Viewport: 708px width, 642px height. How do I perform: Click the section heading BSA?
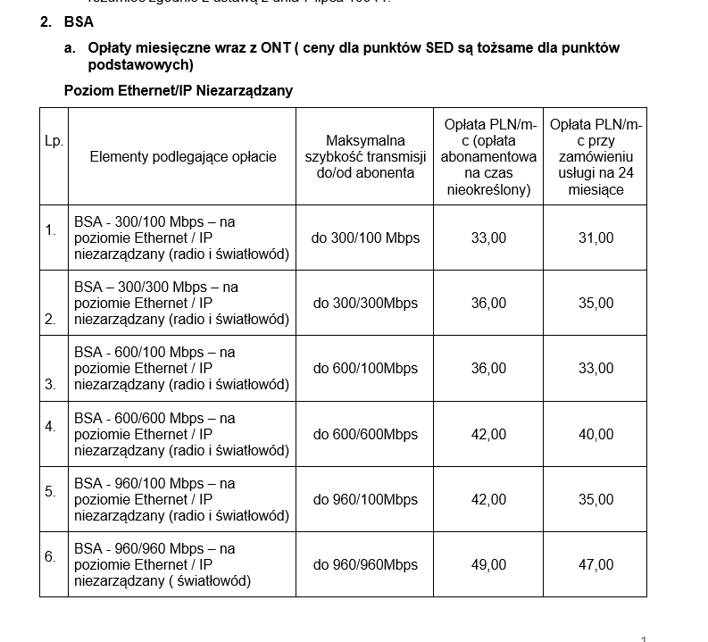(x=79, y=21)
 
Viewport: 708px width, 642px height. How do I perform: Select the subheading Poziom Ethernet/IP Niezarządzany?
(x=179, y=90)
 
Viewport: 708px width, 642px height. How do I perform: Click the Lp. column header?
(x=54, y=141)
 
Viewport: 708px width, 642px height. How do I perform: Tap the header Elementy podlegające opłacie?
(x=183, y=157)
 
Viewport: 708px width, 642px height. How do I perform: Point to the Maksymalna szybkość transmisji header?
(x=365, y=156)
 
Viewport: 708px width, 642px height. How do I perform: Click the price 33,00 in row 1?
(x=488, y=238)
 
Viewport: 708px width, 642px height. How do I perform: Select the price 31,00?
(x=596, y=238)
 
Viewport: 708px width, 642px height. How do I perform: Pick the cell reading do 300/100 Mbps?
(x=365, y=238)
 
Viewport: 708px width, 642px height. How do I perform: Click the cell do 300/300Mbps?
(x=365, y=303)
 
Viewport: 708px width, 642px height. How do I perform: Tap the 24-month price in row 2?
(x=596, y=303)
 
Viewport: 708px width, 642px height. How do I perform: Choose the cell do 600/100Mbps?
(x=365, y=368)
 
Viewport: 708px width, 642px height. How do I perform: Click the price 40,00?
(x=596, y=434)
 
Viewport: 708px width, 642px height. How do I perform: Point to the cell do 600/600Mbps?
(x=365, y=434)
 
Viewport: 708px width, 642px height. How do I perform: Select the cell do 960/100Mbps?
(x=365, y=499)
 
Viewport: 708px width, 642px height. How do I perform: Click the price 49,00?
(x=488, y=564)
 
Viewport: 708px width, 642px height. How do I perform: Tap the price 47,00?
(x=596, y=564)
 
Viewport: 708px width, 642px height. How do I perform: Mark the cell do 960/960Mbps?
(x=365, y=564)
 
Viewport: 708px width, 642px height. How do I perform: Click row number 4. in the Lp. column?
(x=51, y=426)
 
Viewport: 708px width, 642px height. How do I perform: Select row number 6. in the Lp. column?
(x=51, y=556)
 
